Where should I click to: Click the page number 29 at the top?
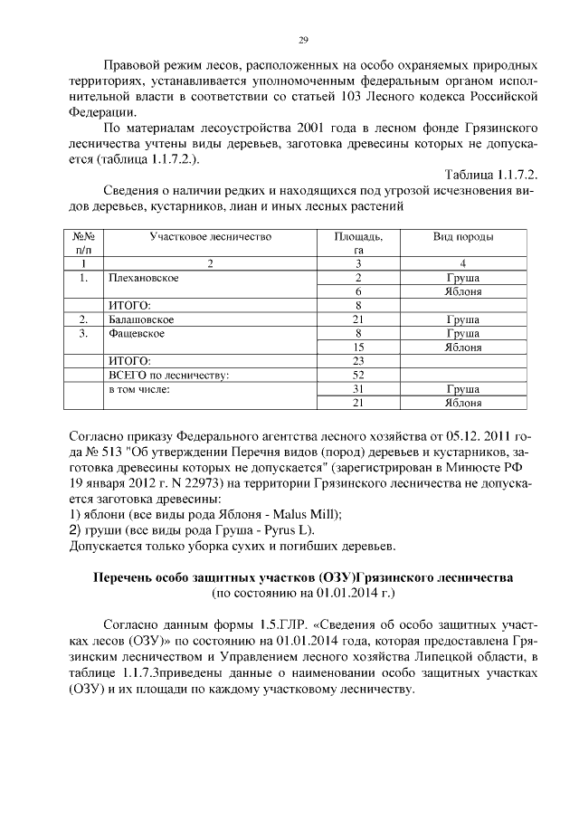click(x=304, y=39)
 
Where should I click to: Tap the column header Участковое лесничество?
click(x=209, y=236)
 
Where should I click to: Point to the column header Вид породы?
click(x=462, y=236)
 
